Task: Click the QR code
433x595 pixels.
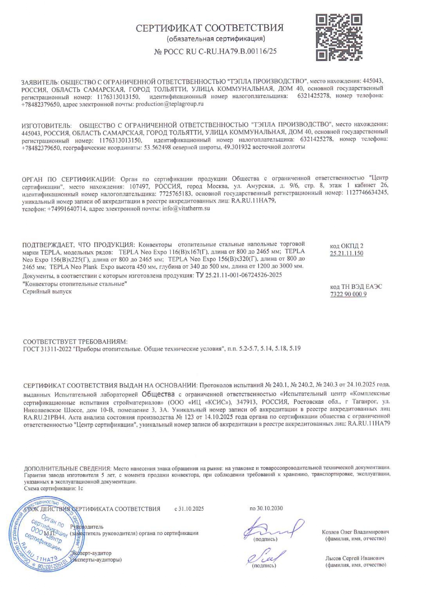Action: [339, 37]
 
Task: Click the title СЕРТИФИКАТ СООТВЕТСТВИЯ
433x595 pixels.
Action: [210, 28]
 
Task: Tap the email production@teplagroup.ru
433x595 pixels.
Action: [169, 104]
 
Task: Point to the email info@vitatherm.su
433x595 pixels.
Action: [186, 208]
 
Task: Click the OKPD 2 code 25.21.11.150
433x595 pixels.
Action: [346, 254]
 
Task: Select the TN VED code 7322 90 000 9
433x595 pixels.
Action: [348, 294]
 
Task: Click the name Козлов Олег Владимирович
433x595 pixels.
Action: [355, 532]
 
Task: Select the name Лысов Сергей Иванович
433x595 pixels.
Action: [355, 558]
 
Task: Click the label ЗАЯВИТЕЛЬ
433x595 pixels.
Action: [40, 82]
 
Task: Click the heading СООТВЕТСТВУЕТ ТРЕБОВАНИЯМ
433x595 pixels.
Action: [75, 341]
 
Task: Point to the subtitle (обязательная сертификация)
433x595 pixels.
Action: [216, 39]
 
